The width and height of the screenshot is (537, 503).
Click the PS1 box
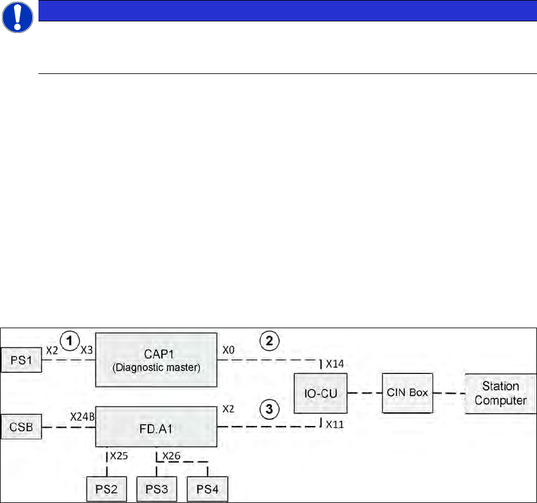[x=21, y=360]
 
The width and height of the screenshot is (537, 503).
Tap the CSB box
[x=21, y=427]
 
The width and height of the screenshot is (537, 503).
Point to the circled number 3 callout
[x=269, y=406]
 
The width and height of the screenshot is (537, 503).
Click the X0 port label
[x=228, y=350]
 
